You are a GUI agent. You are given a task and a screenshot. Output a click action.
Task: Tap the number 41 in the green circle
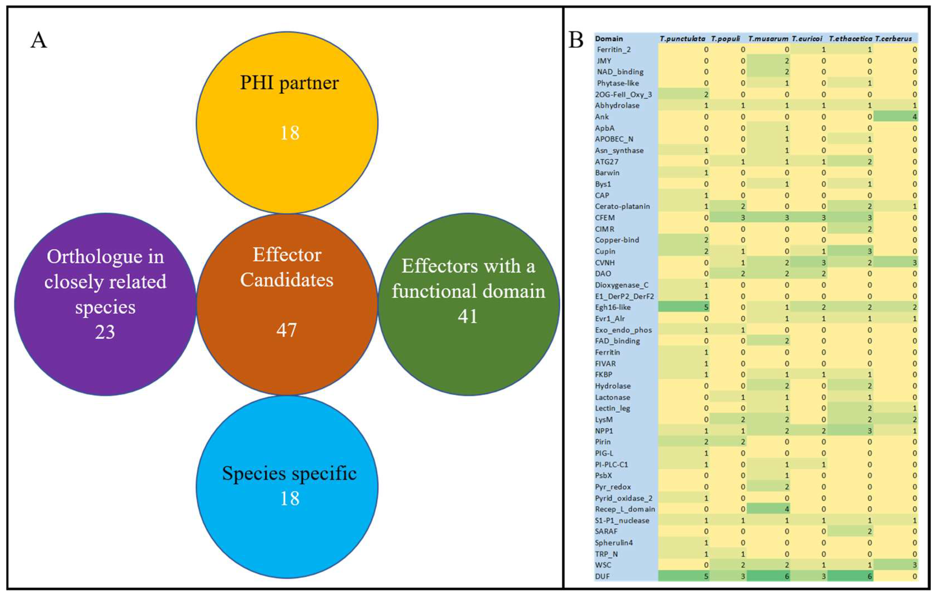tap(468, 316)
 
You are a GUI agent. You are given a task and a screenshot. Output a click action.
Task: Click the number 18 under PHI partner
tap(290, 133)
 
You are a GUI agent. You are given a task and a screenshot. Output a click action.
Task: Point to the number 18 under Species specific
tap(290, 498)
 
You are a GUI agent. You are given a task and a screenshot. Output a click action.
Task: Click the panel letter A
tap(39, 40)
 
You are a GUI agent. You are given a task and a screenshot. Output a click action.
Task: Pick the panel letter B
tap(576, 40)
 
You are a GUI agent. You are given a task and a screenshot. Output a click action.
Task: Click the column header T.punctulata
tap(682, 39)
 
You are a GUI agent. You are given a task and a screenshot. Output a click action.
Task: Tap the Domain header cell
tap(609, 39)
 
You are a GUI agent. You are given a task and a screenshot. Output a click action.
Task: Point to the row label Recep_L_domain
tap(625, 509)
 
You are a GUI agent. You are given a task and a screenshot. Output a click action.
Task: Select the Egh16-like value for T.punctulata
tap(706, 307)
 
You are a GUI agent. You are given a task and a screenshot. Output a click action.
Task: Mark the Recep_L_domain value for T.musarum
tap(787, 509)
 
